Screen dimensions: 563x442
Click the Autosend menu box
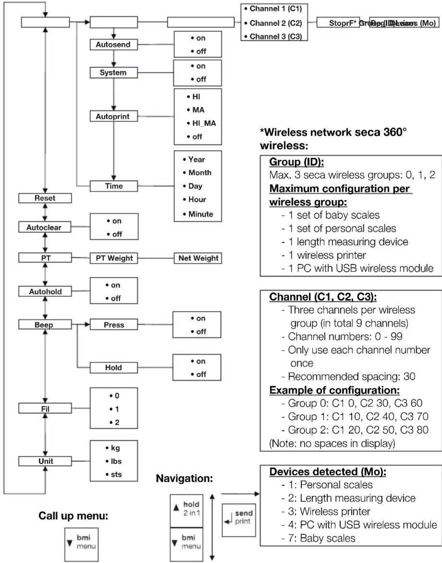113,45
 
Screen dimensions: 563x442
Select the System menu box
113,73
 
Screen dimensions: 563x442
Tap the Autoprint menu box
113,117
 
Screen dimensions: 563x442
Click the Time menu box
114,186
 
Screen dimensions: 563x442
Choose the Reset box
45,198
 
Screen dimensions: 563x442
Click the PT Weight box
114,258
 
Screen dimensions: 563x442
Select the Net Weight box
198,258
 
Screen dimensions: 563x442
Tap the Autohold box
45,291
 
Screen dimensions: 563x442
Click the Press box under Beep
114,325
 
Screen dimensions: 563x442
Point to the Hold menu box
114,368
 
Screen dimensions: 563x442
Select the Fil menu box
45,409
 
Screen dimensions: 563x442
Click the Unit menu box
45,461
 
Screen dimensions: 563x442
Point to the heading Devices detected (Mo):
328,472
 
